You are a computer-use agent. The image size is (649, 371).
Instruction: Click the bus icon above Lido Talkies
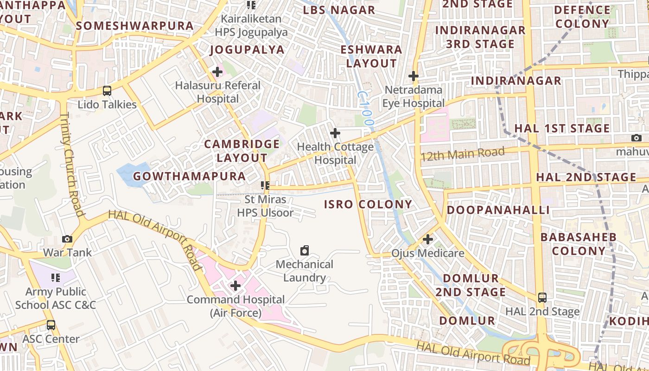point(107,91)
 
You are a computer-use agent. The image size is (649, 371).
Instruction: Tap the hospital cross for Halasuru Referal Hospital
point(217,72)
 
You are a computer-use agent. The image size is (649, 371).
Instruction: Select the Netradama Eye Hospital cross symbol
point(413,76)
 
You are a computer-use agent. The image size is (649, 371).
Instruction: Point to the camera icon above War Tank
point(67,239)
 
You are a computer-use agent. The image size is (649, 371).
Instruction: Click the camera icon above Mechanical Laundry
point(305,251)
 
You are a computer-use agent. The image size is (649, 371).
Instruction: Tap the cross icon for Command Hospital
point(235,286)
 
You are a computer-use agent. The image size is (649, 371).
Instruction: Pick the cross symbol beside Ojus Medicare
point(428,240)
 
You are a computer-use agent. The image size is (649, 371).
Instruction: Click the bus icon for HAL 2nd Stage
point(542,298)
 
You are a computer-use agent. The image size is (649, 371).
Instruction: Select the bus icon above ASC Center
point(51,325)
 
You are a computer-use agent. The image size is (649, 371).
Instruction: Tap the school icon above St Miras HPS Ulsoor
point(265,186)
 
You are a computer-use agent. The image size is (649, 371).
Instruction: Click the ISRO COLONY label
point(368,204)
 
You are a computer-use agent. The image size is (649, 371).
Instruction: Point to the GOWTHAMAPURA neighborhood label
point(189,176)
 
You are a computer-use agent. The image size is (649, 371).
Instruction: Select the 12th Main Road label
point(462,154)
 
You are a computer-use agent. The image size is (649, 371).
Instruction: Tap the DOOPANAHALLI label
point(498,210)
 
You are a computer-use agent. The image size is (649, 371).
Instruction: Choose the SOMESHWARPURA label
point(134,26)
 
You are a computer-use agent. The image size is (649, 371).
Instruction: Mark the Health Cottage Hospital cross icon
point(335,134)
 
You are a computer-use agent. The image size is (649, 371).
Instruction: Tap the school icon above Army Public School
point(56,278)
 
